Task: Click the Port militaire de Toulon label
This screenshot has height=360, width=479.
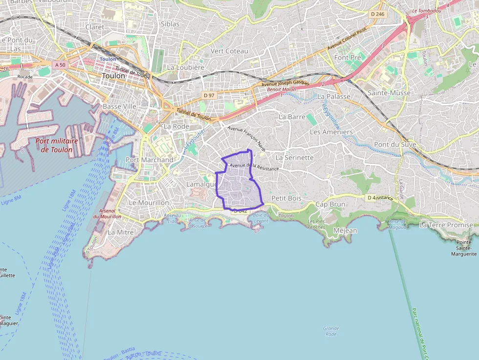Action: [x=57, y=145]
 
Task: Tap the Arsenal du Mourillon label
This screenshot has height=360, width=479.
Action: [x=107, y=213]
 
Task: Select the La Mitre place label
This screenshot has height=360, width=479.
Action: [x=120, y=233]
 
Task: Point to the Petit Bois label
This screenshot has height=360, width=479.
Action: [x=286, y=198]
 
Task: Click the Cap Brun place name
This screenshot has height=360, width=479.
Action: [x=330, y=204]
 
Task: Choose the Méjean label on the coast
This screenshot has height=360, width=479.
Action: [x=345, y=231]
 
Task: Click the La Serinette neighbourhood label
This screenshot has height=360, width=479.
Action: [x=294, y=158]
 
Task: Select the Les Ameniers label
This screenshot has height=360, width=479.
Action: [x=331, y=132]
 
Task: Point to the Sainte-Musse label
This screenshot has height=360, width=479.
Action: [x=389, y=93]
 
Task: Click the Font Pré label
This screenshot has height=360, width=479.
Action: [x=348, y=58]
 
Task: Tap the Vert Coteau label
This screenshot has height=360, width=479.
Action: [x=229, y=51]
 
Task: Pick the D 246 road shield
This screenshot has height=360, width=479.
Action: [x=378, y=14]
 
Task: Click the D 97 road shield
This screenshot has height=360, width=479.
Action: [x=209, y=95]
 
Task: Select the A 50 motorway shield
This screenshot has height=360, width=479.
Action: [x=60, y=64]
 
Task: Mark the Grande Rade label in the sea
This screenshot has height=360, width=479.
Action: [x=331, y=331]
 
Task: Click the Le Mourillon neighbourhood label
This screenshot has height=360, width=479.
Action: [x=149, y=202]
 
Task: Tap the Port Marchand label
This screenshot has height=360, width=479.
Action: [x=149, y=160]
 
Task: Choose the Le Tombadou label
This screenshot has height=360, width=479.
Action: [x=427, y=10]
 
